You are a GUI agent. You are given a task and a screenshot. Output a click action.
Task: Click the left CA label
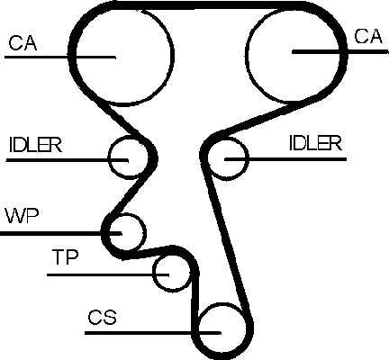(x=23, y=43)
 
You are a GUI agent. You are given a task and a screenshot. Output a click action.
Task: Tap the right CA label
(x=368, y=36)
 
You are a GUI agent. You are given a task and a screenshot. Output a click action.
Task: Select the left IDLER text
(x=35, y=145)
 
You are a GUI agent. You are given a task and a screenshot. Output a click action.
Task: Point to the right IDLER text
(x=315, y=143)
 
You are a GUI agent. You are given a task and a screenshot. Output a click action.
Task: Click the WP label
(x=22, y=216)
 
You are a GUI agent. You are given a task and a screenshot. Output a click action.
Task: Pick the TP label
(x=65, y=257)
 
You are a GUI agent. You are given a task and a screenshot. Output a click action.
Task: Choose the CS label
(x=102, y=317)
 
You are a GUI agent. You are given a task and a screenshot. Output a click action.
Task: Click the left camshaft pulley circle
(x=174, y=56)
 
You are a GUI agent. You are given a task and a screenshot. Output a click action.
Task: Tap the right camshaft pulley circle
(x=246, y=54)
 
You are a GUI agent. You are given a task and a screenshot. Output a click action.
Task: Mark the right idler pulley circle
(x=249, y=158)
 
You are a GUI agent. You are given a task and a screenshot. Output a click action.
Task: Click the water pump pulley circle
(x=146, y=232)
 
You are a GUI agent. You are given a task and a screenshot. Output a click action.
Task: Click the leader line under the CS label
(x=153, y=333)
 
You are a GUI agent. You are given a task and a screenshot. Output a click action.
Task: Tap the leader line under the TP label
(x=108, y=274)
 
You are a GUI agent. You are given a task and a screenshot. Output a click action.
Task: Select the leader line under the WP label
(x=60, y=233)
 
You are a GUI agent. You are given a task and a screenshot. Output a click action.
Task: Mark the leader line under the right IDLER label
(x=285, y=159)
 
